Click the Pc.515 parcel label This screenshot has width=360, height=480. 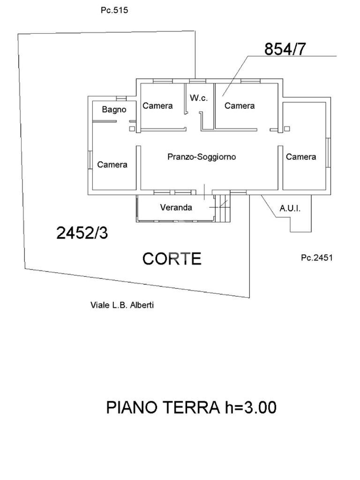point(114,10)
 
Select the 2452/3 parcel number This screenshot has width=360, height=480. point(82,232)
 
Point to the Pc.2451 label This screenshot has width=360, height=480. point(316,257)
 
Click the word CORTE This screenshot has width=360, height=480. point(172,259)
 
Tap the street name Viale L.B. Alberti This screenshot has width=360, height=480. point(122,305)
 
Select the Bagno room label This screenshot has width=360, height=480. point(114,110)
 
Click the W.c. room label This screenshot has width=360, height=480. point(198,98)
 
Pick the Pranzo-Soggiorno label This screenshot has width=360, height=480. point(202,157)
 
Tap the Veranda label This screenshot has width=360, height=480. point(176,207)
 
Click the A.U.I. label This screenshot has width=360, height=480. point(290,208)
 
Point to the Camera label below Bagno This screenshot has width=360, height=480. point(112,165)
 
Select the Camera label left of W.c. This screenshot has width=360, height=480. point(157,106)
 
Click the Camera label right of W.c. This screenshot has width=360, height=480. point(239,106)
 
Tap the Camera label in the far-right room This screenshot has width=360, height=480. point(301,157)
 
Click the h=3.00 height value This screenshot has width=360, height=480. point(248,407)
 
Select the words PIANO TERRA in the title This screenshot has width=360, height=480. point(162,407)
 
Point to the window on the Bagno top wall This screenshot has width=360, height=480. point(121,98)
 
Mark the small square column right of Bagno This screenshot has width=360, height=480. point(132,128)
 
